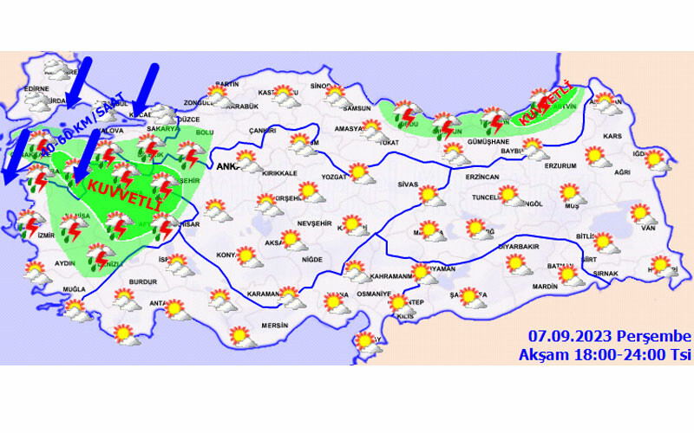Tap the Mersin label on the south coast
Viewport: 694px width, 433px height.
[275, 326]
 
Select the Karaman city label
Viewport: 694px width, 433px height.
[261, 294]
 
